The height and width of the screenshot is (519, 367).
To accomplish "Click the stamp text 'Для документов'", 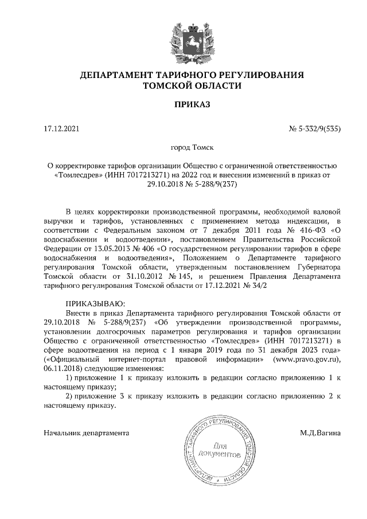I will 217,450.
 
